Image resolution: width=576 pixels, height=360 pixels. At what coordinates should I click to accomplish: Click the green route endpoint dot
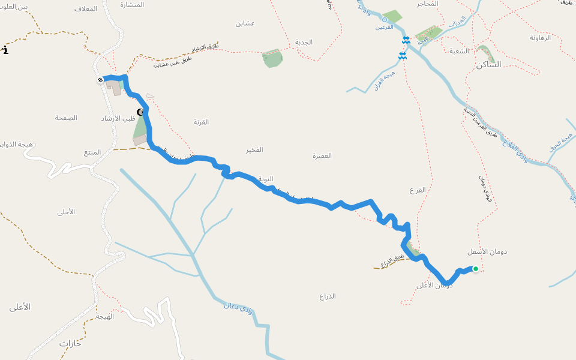476,269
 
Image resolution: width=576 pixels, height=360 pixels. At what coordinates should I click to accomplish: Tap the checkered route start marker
100,80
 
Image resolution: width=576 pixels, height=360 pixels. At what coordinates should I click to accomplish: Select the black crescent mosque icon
140,112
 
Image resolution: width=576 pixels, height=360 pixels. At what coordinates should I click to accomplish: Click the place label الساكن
488,64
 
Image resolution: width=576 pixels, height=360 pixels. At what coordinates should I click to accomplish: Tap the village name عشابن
245,23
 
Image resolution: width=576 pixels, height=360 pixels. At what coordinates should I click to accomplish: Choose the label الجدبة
304,42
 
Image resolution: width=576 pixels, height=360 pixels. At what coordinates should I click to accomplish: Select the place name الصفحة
66,118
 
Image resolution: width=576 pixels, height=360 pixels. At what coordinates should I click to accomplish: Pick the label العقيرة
322,155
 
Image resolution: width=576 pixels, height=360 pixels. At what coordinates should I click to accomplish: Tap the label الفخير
253,149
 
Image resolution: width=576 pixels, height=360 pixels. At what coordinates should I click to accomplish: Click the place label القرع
418,190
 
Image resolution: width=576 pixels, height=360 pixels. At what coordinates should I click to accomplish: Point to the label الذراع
328,296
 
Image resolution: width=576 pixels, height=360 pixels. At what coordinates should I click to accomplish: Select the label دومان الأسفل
487,251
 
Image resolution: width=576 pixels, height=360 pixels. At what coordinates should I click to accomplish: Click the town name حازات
70,344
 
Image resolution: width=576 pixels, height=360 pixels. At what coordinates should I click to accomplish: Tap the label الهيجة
105,316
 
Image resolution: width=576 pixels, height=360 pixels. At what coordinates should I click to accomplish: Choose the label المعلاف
86,8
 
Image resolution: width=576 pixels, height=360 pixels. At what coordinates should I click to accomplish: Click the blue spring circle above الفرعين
385,19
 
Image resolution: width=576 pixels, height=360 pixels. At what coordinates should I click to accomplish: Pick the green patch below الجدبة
272,58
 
